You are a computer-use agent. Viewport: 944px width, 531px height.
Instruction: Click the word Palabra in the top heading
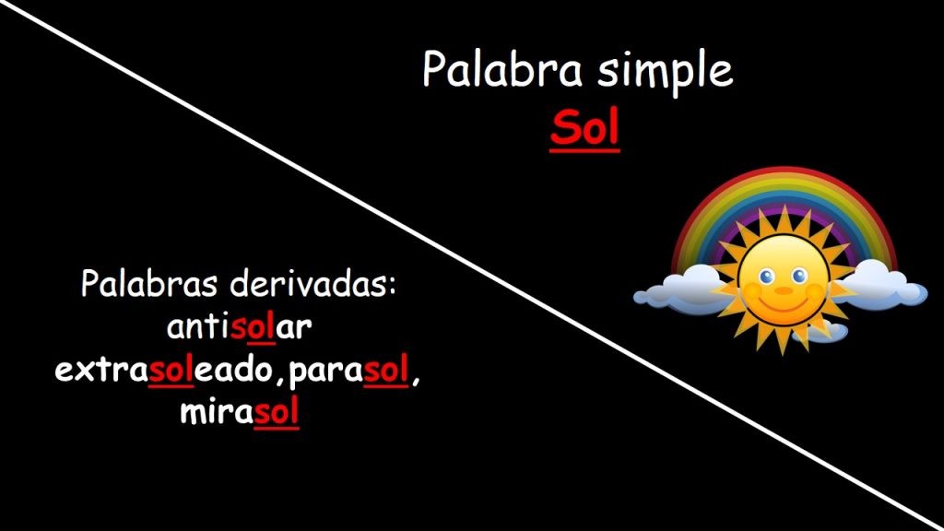point(502,69)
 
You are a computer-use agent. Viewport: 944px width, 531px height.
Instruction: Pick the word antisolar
point(239,327)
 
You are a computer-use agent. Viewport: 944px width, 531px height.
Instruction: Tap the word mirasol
point(240,413)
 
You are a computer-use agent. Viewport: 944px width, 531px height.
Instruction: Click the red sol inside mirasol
point(277,413)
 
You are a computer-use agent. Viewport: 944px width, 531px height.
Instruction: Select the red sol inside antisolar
point(253,327)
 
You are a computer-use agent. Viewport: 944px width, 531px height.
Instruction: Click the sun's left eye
point(766,277)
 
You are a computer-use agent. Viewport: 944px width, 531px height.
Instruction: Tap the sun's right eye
point(799,276)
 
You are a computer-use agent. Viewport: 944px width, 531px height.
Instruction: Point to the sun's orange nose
point(784,290)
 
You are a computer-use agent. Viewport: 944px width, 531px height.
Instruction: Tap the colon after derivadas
point(393,288)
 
